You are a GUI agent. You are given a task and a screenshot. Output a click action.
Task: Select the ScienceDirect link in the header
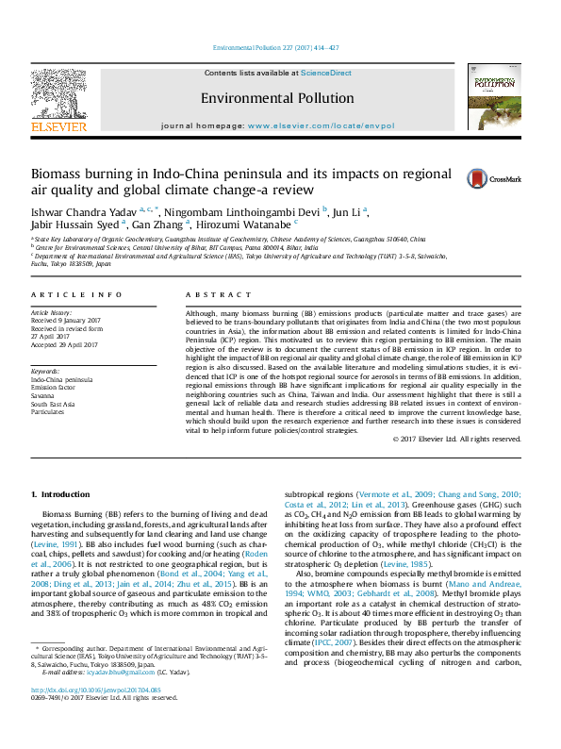[x=327, y=73]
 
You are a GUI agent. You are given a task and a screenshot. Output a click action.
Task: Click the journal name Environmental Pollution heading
[x=277, y=97]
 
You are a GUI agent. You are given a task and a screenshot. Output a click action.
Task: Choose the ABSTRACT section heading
[x=207, y=295]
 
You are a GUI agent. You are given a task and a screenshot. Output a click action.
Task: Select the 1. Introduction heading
[x=60, y=494]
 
